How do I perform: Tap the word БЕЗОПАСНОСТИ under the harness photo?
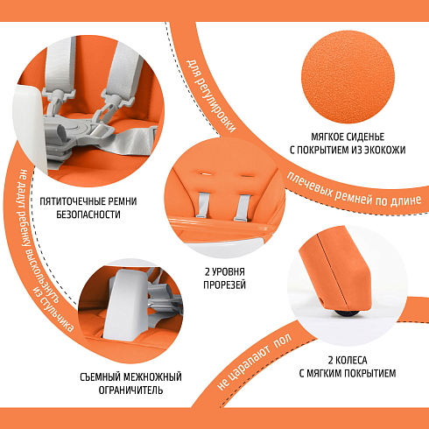(88, 214)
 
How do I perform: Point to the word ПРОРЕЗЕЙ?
(225, 285)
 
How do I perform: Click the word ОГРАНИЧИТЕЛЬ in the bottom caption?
(130, 390)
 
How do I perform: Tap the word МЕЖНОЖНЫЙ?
(153, 377)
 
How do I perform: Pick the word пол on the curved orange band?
(283, 341)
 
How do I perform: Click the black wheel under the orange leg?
(347, 313)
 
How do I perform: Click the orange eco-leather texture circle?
(348, 77)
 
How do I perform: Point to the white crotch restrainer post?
(125, 305)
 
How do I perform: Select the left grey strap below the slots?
(202, 205)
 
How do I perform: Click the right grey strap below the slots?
(242, 207)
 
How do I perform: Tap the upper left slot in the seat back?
(206, 173)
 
